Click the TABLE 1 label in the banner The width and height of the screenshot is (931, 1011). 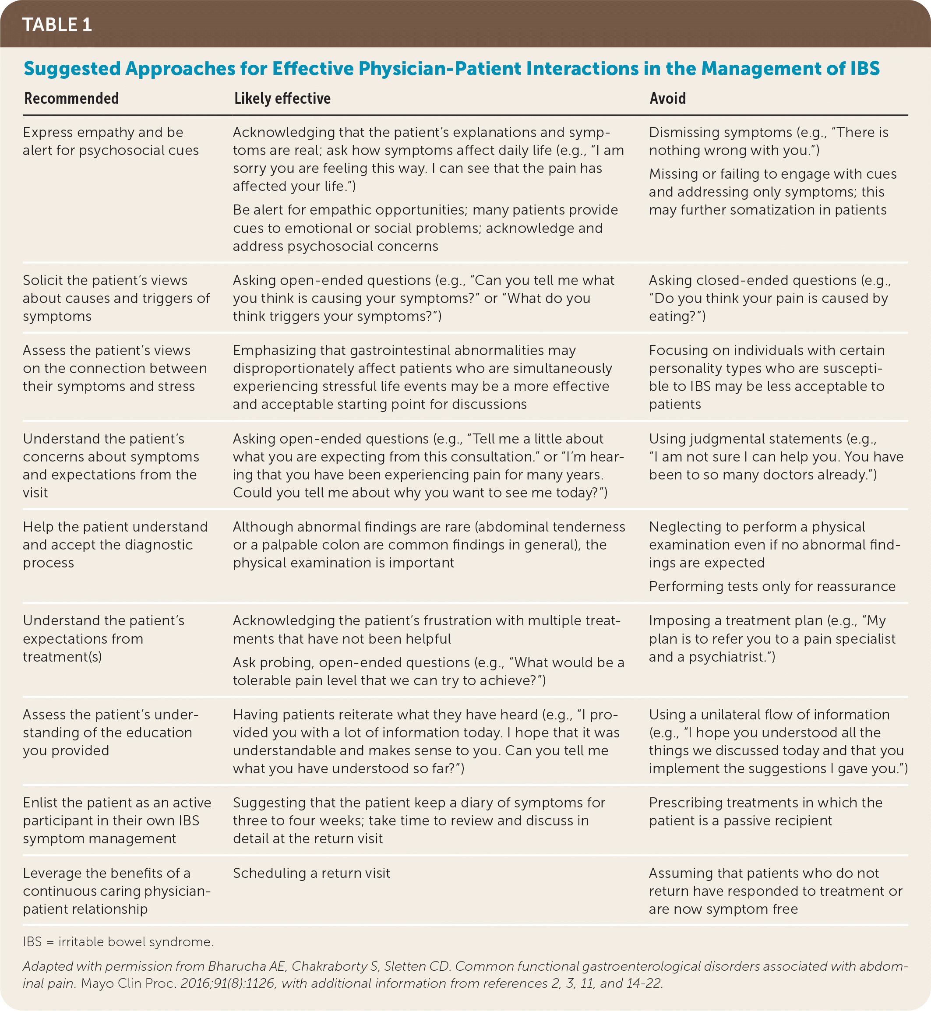pos(57,25)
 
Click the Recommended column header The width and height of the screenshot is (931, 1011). pos(71,98)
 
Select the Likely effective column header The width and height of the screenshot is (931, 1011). pos(282,98)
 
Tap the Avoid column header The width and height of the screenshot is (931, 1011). pos(667,98)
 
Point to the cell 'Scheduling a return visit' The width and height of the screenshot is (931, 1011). pos(311,873)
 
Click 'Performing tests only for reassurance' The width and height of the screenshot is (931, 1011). pos(772,586)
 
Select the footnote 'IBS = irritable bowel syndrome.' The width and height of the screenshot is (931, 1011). pos(118,942)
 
